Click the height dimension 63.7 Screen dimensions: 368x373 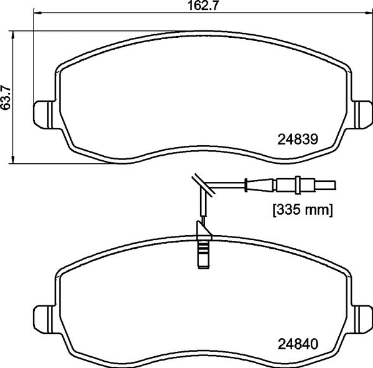(7, 97)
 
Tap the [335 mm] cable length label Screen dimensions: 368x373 (303, 211)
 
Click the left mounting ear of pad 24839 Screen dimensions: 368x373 (42, 115)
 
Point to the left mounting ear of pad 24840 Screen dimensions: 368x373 (42, 317)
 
